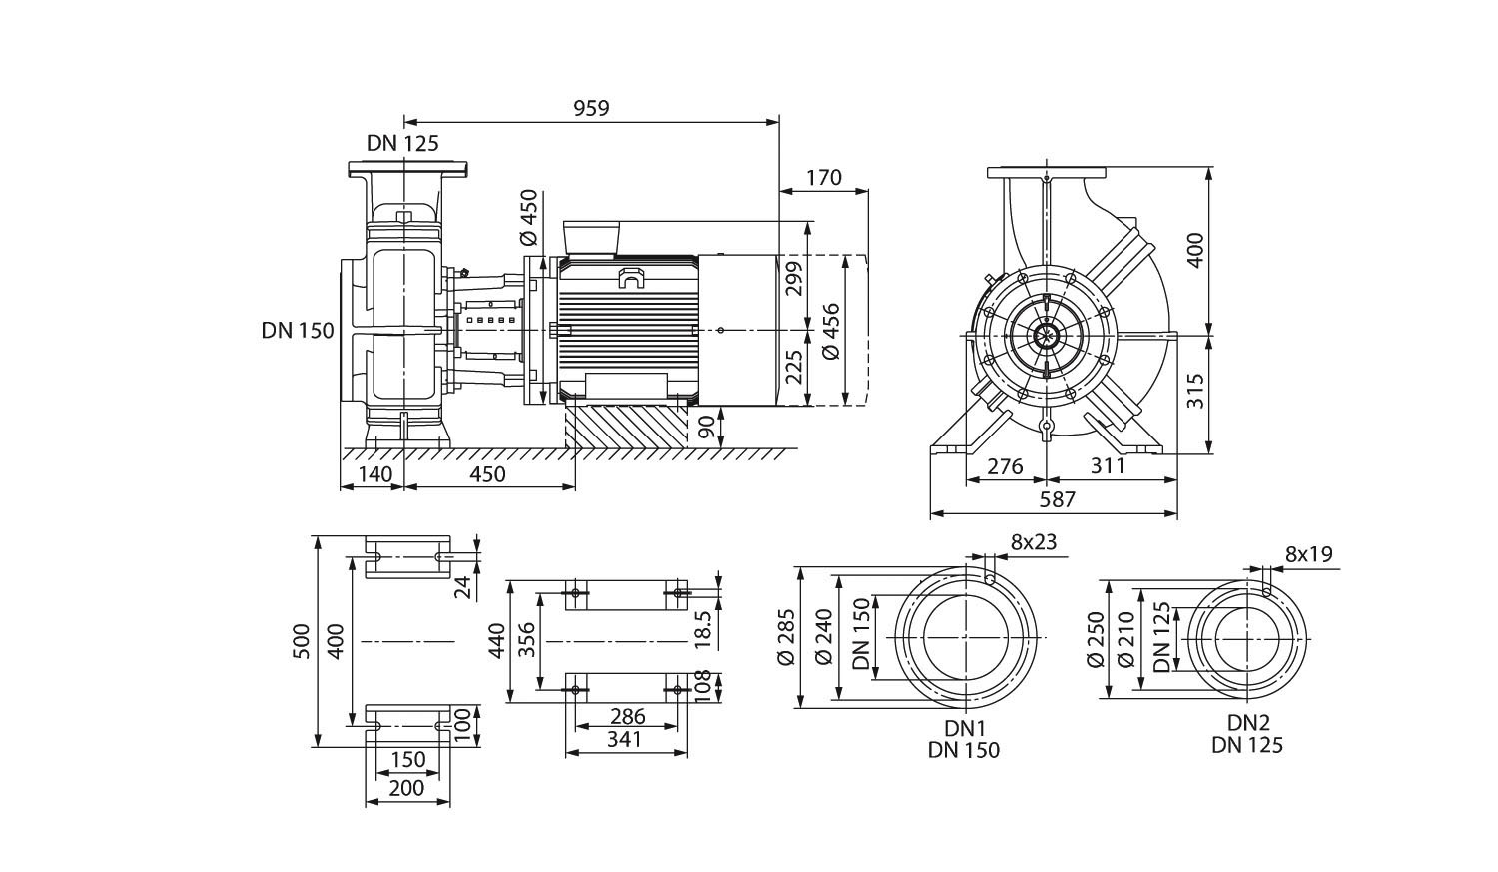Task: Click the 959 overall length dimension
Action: pyautogui.click(x=591, y=108)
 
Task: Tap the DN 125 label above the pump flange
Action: pyautogui.click(x=402, y=144)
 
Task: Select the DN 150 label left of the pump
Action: pyautogui.click(x=298, y=331)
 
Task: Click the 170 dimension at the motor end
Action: pyautogui.click(x=823, y=178)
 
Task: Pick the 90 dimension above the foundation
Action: pyautogui.click(x=707, y=428)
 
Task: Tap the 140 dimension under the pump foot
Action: pyautogui.click(x=374, y=474)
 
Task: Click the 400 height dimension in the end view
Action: pyautogui.click(x=1195, y=252)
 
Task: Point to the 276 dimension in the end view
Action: pyautogui.click(x=1005, y=465)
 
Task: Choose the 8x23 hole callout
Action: pyautogui.click(x=1033, y=543)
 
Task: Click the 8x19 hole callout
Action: pyautogui.click(x=1309, y=554)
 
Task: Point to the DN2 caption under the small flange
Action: pyautogui.click(x=1247, y=723)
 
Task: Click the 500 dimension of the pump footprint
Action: pyautogui.click(x=300, y=642)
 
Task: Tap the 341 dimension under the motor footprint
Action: pyautogui.click(x=627, y=739)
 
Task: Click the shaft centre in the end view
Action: pyautogui.click(x=1046, y=337)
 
